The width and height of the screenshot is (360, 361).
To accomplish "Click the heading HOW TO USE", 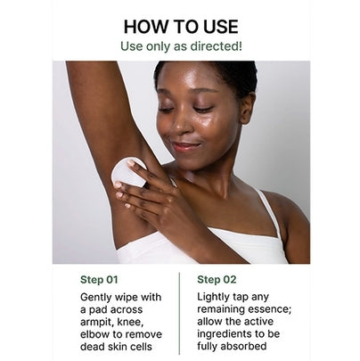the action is click(x=181, y=27).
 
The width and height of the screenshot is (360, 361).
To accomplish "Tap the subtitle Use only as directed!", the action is click(x=181, y=46).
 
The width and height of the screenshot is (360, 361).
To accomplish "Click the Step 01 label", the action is click(x=99, y=280).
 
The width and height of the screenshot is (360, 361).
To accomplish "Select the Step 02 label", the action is click(x=217, y=280).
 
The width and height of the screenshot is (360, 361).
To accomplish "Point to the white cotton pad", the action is click(x=127, y=173).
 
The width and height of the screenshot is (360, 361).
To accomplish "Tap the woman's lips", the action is click(x=184, y=146).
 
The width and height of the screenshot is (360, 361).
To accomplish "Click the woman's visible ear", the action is click(x=247, y=108).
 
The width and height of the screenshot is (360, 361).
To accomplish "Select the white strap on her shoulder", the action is click(x=269, y=211).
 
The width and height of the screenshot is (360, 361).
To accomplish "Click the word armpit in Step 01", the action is click(x=96, y=323).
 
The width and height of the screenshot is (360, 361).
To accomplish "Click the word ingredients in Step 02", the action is click(x=225, y=334).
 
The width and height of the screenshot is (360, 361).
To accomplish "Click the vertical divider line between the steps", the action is click(x=179, y=314).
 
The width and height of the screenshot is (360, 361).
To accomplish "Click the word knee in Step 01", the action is click(x=131, y=322).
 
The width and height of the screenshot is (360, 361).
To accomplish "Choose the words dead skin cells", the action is click(x=116, y=347).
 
